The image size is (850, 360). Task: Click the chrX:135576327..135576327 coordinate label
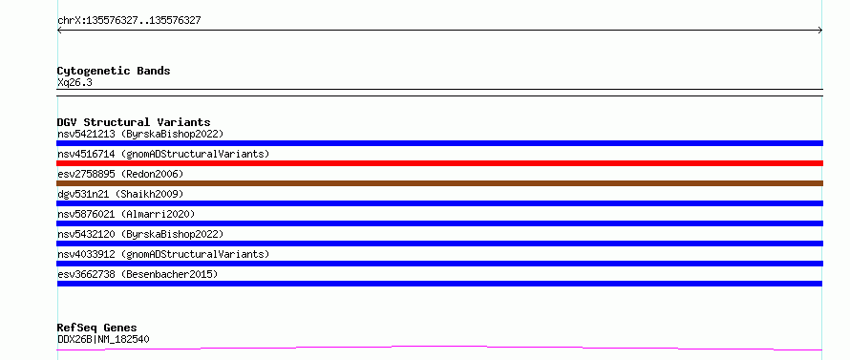129,21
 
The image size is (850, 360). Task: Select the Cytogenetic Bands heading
114,71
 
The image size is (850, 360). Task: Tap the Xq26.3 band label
74,83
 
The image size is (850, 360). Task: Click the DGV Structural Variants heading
134,122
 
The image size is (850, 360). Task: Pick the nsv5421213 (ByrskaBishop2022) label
140,134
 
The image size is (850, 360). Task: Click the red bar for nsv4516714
439,163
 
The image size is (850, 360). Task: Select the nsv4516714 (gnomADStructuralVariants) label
163,154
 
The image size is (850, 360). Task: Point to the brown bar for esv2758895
439,183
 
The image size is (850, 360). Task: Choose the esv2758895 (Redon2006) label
120,174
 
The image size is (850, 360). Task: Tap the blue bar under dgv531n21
439,203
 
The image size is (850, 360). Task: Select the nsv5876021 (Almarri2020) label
126,214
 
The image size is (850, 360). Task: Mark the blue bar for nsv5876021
439,223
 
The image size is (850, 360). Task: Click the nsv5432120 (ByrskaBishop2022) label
140,234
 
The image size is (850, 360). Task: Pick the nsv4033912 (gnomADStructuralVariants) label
163,254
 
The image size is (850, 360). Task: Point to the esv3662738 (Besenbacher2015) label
138,274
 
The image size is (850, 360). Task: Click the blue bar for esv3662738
439,284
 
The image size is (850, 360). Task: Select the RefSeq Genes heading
96,328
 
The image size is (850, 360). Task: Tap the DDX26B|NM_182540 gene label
103,339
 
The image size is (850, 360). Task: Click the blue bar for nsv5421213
439,143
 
